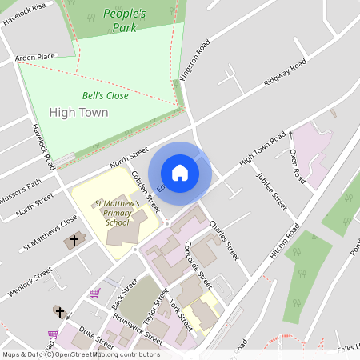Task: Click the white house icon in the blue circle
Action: click(x=180, y=172)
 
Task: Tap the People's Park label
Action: click(x=125, y=20)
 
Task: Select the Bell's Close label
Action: click(x=105, y=95)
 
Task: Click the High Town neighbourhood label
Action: click(x=78, y=112)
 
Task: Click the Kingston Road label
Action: click(x=195, y=58)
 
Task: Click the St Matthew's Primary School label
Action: click(x=118, y=214)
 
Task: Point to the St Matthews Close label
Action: click(x=50, y=232)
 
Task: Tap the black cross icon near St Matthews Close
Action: click(x=75, y=240)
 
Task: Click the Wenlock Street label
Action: click(x=30, y=282)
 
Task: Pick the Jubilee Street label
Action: click(x=271, y=191)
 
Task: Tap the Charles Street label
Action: click(x=224, y=240)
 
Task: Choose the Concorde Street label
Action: click(x=198, y=265)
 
